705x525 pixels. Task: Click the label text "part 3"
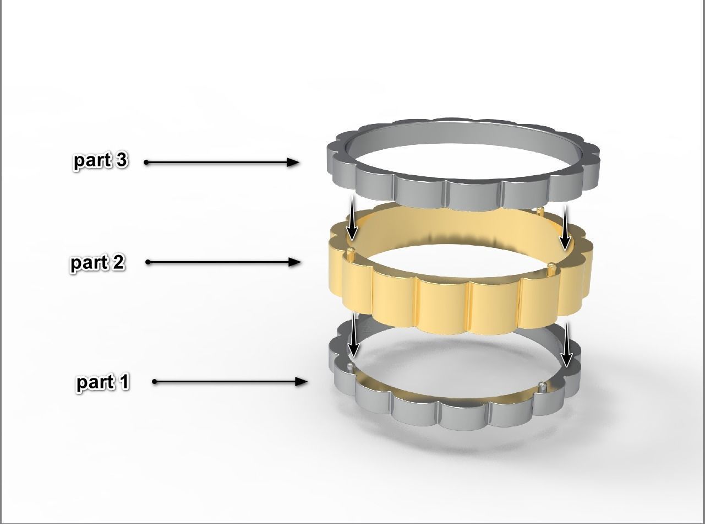[x=100, y=160]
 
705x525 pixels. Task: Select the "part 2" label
[x=97, y=262]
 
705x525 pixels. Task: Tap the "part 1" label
[x=103, y=382]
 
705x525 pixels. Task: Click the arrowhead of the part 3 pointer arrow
[x=293, y=162]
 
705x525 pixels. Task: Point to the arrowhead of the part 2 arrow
[x=295, y=262]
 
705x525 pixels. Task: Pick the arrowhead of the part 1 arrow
[x=301, y=381]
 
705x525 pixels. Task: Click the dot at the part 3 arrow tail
[x=146, y=162]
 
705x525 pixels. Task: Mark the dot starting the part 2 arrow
[x=148, y=262]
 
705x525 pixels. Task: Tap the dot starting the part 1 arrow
[x=155, y=381]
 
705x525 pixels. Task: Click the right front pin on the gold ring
[x=551, y=268]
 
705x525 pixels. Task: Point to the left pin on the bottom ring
[x=351, y=366]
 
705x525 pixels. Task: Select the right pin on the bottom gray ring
[x=544, y=385]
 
